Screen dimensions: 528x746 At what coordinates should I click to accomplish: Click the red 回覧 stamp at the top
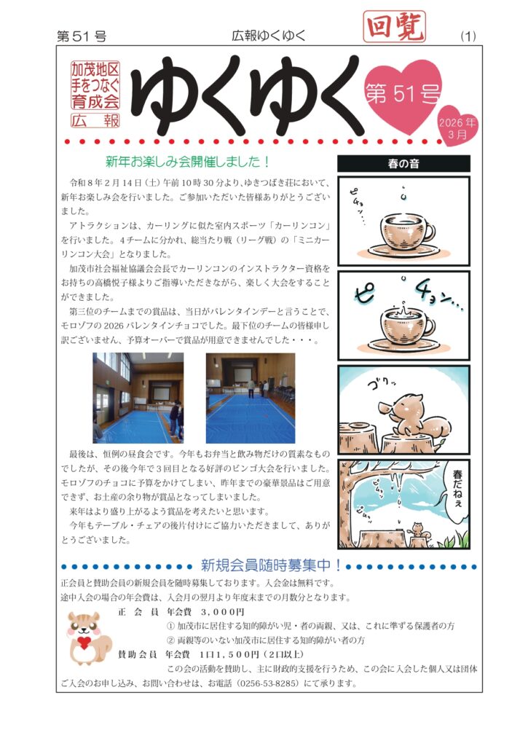[x=394, y=26]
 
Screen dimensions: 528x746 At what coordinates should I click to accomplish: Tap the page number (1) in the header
[x=468, y=36]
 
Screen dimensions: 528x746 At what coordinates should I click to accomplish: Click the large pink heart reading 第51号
[x=403, y=95]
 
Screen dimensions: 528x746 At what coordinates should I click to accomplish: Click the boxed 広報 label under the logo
[x=95, y=120]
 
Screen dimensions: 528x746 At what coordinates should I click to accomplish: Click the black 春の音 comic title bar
[x=403, y=164]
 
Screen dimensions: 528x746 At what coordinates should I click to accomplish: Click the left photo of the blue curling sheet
[x=138, y=398]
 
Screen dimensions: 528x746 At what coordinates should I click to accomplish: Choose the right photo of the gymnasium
[x=251, y=398]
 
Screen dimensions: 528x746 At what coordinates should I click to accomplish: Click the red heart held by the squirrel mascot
[x=84, y=643]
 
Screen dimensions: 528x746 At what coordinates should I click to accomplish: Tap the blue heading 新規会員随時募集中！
[x=271, y=565]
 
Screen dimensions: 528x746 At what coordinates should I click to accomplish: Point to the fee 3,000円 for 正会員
[x=223, y=612]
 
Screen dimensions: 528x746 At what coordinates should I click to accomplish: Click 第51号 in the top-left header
[x=82, y=36]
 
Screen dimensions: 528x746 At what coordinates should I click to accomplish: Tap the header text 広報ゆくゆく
[x=269, y=36]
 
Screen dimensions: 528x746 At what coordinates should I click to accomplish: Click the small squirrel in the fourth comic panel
[x=417, y=529]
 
